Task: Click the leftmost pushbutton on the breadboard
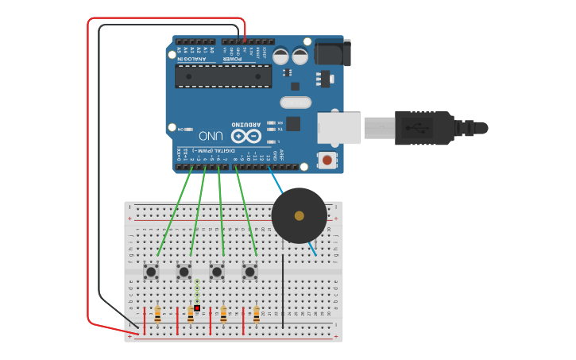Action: pyautogui.click(x=151, y=272)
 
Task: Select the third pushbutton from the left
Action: pyautogui.click(x=217, y=272)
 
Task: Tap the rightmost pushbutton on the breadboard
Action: pyautogui.click(x=250, y=272)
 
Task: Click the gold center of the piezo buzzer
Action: pyautogui.click(x=299, y=215)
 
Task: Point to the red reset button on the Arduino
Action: pyautogui.click(x=327, y=161)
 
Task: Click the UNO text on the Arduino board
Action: pyautogui.click(x=211, y=135)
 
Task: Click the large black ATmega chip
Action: pyautogui.click(x=223, y=76)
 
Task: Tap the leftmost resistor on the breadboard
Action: pyautogui.click(x=158, y=315)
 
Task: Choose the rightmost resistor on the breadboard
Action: pyautogui.click(x=257, y=315)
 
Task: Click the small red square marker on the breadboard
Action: pyautogui.click(x=197, y=308)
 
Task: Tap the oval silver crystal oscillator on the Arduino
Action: pyautogui.click(x=296, y=102)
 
